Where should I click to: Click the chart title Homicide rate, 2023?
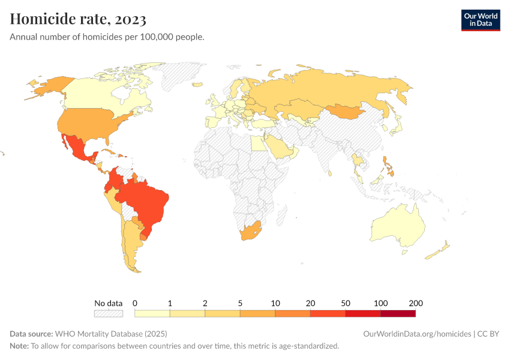click(78, 19)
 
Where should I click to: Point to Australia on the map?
click(399, 225)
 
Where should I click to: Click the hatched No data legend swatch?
click(108, 313)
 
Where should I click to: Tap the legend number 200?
click(416, 303)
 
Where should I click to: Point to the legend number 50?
click(346, 303)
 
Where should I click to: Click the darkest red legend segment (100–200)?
click(398, 313)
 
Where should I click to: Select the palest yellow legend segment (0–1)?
click(152, 313)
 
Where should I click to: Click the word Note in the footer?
click(19, 346)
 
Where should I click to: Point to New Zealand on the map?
click(437, 251)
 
